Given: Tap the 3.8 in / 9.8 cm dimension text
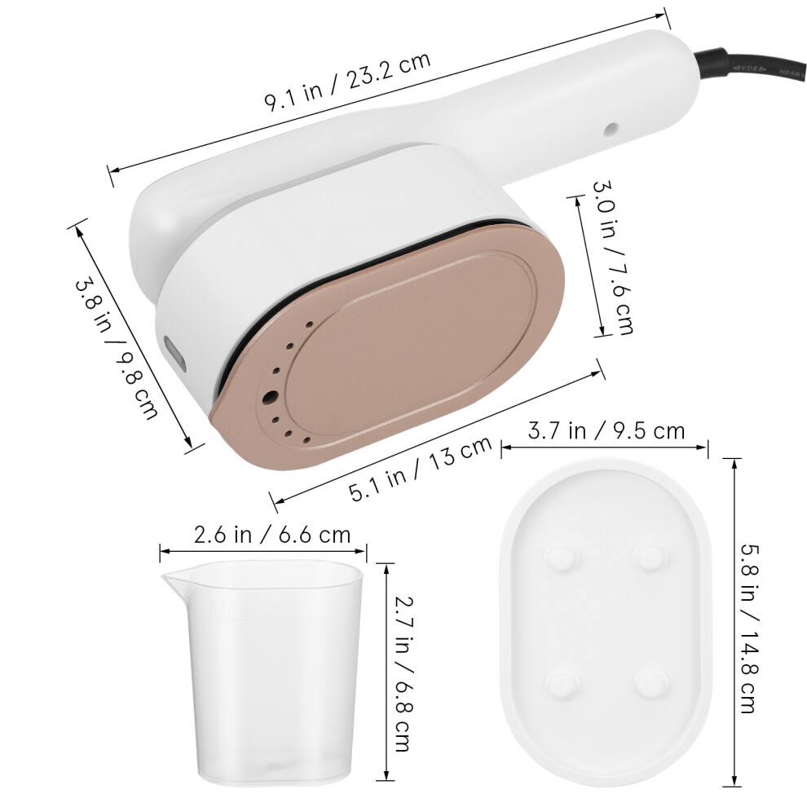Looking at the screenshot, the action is click(117, 348).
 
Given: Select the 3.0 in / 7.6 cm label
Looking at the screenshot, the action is click(612, 258).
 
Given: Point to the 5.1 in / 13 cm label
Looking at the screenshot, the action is click(421, 469).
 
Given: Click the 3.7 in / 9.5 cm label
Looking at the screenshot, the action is click(606, 430).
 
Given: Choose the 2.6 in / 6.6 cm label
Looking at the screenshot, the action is click(272, 535).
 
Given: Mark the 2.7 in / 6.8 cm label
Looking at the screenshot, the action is click(404, 673).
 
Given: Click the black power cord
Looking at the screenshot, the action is click(752, 65).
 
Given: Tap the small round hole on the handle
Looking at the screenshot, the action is click(611, 129).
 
